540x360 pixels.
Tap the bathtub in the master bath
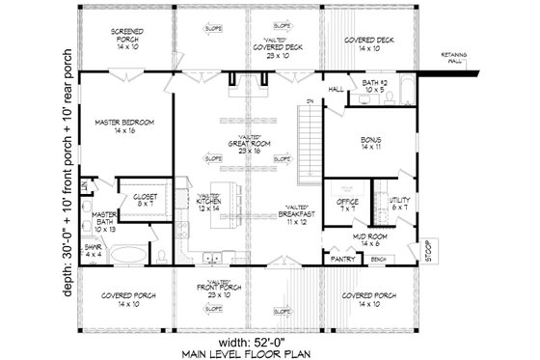(125, 255)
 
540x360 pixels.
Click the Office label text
(348, 204)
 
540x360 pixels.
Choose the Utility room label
(399, 204)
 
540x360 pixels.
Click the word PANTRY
(339, 260)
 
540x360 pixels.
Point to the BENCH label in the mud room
(378, 260)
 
